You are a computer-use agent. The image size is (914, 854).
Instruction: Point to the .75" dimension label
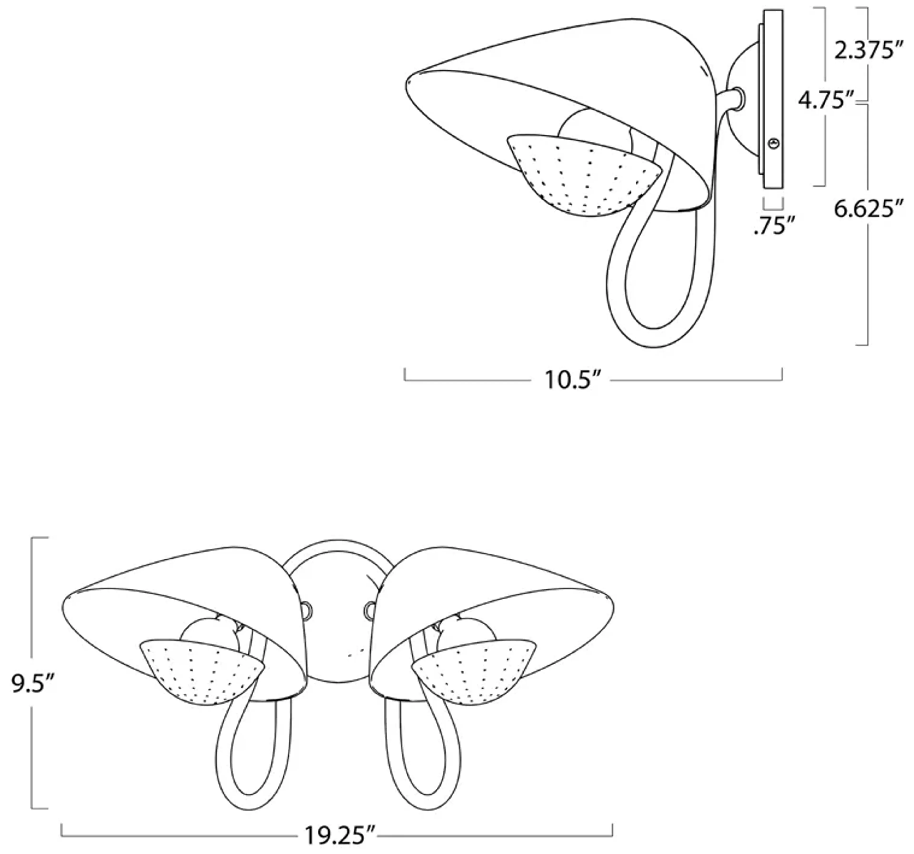point(774,226)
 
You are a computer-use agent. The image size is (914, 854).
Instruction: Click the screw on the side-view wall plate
point(774,144)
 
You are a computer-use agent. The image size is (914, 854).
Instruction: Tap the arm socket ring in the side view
point(739,99)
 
